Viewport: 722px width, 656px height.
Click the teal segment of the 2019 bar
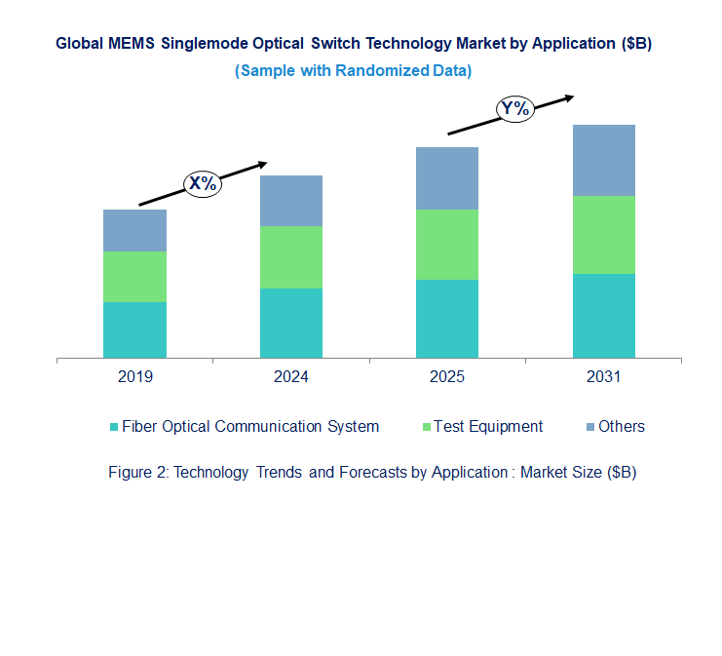134,329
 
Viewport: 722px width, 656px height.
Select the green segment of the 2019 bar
134,277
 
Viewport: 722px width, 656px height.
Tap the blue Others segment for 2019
134,230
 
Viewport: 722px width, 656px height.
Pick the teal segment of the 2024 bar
290,323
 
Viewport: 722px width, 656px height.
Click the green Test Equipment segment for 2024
290,257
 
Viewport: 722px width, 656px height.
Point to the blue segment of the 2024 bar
290,201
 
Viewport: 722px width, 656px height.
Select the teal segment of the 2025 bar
447,319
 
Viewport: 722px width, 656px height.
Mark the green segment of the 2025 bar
447,245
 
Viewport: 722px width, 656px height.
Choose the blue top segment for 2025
447,178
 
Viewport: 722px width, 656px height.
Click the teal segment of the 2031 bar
603,316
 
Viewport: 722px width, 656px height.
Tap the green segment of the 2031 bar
603,235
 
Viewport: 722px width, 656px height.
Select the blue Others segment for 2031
603,160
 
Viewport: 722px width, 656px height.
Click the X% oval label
204,182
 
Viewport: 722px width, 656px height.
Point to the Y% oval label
514,109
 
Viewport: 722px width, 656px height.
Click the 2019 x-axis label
134,377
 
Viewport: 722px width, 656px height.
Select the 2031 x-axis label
603,377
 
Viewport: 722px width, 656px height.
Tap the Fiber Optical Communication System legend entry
249,426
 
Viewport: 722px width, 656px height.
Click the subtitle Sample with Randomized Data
354,70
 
